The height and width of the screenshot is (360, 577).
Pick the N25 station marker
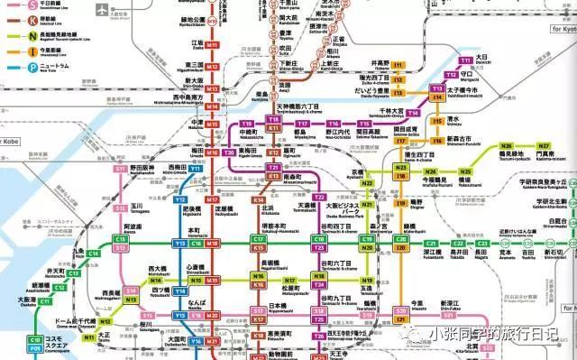point(465,171)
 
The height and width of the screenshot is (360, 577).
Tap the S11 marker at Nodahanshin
point(120,170)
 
